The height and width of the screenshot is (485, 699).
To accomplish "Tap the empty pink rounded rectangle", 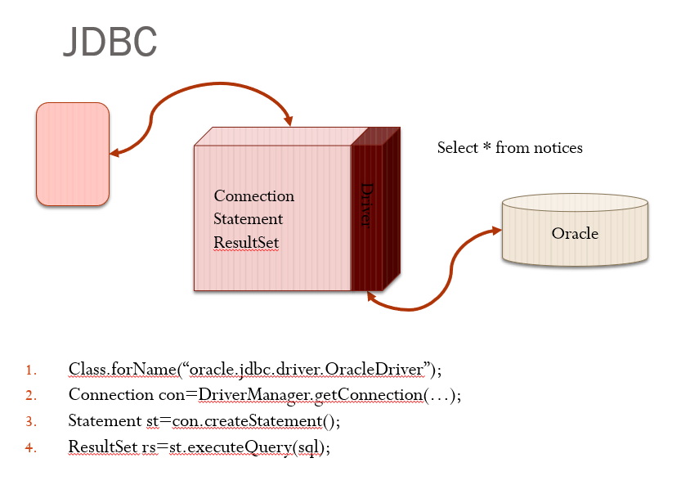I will tap(72, 154).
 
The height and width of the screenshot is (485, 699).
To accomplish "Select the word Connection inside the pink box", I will tap(253, 196).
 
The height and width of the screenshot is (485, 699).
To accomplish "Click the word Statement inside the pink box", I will tap(248, 219).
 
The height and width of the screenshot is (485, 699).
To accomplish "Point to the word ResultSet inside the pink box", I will tap(246, 243).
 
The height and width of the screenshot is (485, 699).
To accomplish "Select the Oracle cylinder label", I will tap(575, 234).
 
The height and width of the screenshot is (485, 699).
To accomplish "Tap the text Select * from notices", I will tap(509, 148).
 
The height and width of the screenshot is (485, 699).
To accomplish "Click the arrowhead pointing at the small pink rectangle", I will tap(114, 152).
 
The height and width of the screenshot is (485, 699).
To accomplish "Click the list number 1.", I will tap(30, 370).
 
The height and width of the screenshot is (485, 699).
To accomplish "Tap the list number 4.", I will tap(30, 448).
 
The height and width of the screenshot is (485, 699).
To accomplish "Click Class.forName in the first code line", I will tap(122, 370).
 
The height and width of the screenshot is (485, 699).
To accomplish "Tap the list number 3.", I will tap(30, 422).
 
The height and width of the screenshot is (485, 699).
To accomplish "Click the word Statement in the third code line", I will tap(103, 422).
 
